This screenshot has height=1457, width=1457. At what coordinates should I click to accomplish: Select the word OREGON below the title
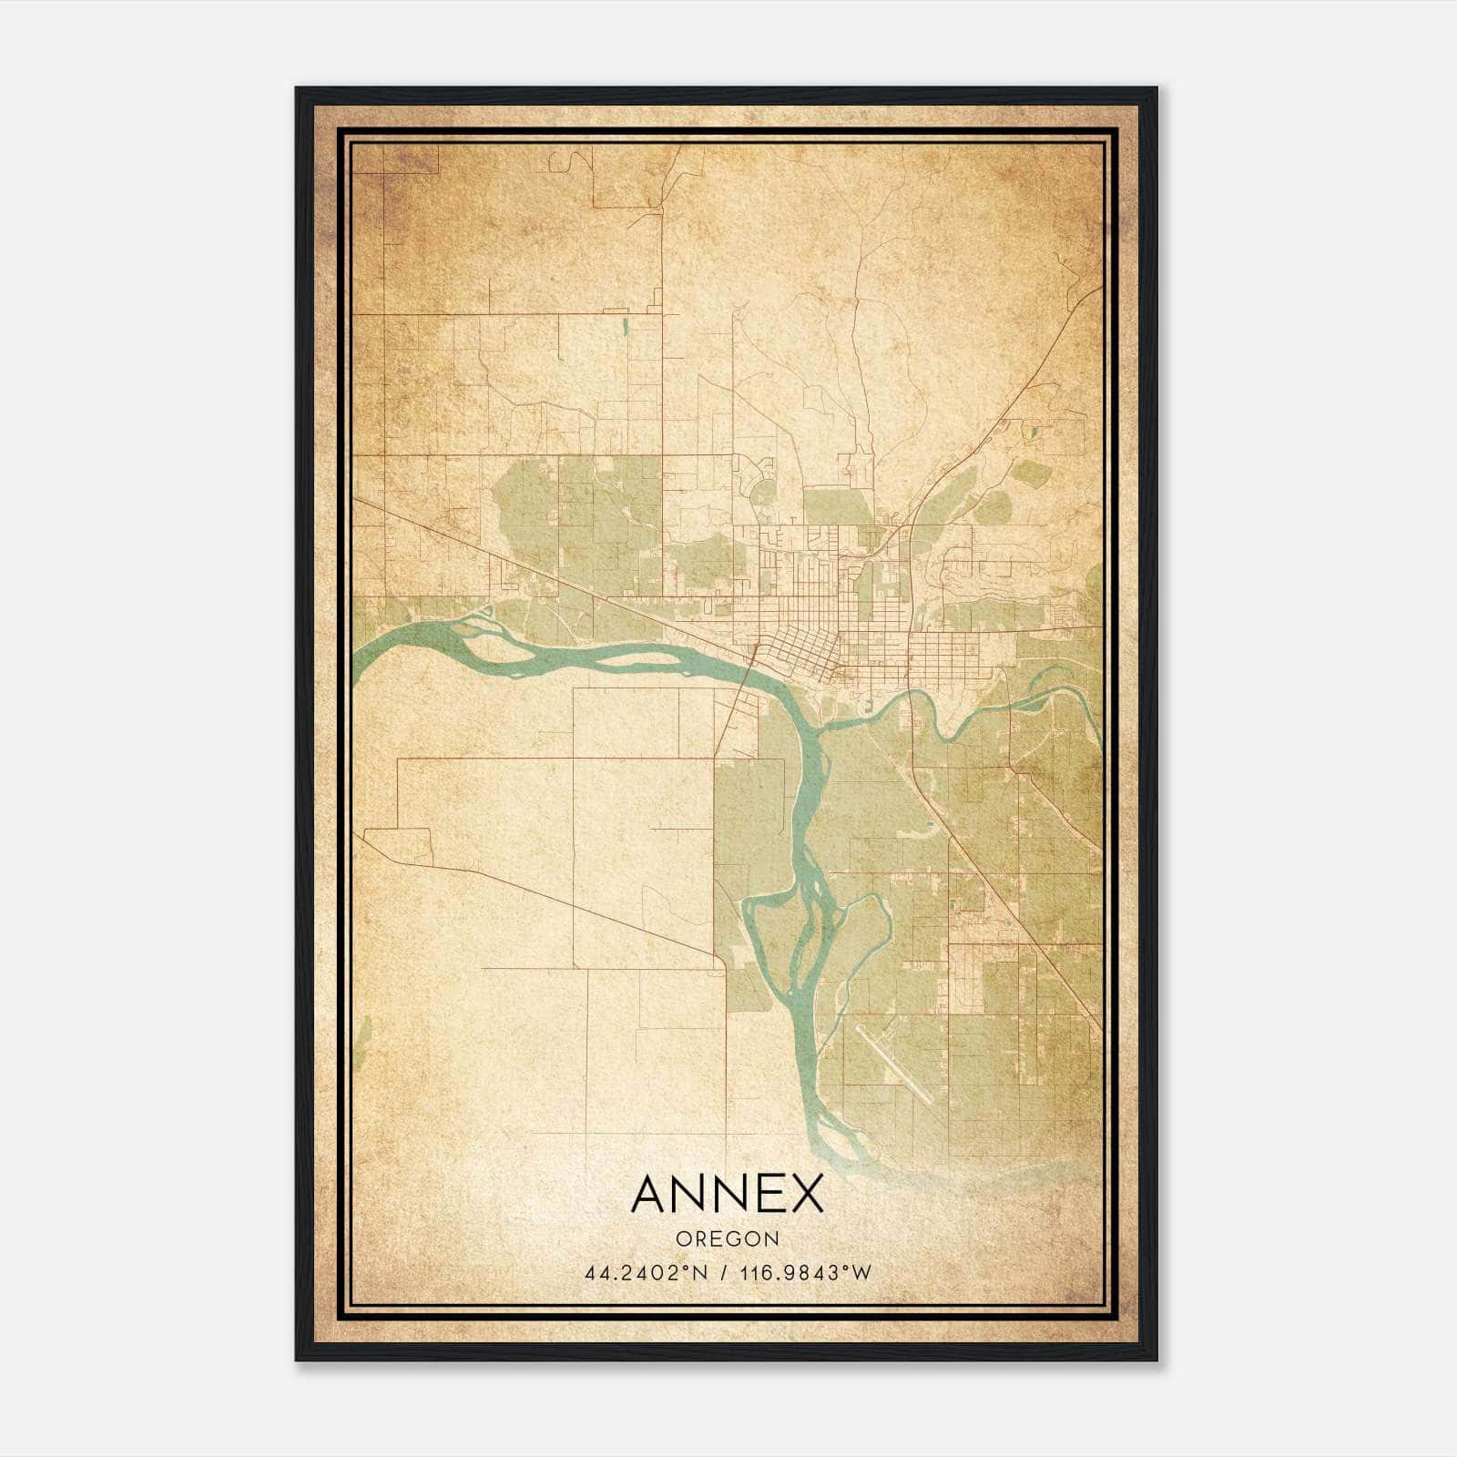pyautogui.click(x=727, y=1238)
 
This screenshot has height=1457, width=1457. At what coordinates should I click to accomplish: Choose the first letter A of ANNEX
pyautogui.click(x=649, y=1194)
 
